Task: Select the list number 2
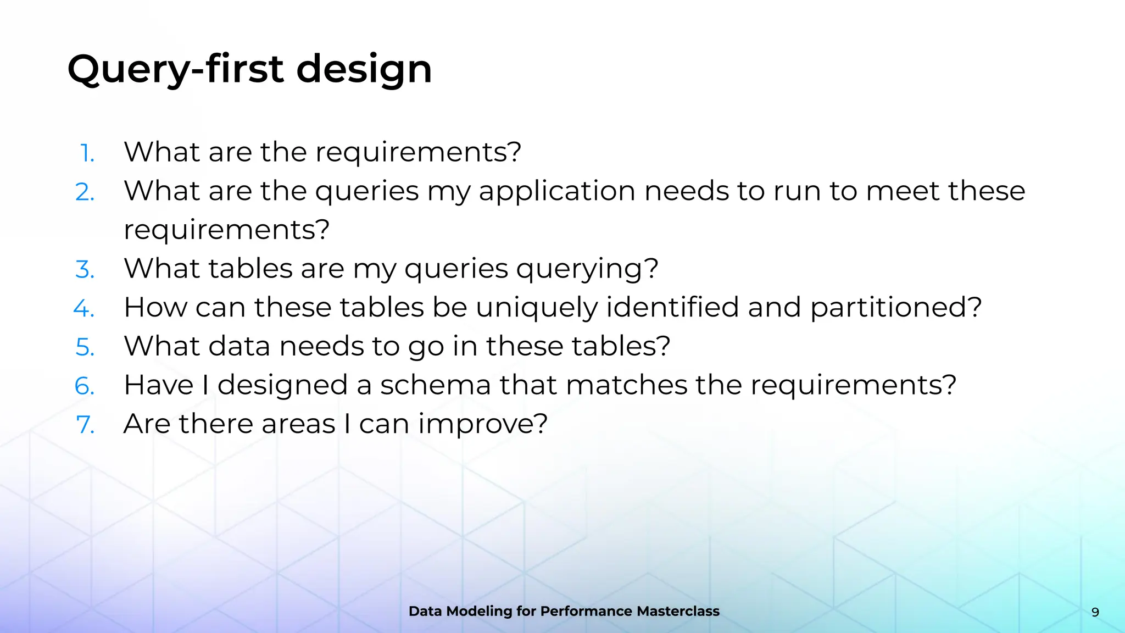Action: click(85, 192)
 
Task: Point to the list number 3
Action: click(85, 270)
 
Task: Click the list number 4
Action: click(84, 308)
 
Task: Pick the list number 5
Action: click(85, 347)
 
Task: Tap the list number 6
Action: click(85, 386)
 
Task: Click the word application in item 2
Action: click(556, 192)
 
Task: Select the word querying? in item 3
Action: click(587, 269)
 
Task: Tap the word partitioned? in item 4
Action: click(896, 307)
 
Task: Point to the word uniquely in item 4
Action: click(536, 308)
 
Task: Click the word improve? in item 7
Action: click(482, 424)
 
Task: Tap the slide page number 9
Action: click(1095, 612)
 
